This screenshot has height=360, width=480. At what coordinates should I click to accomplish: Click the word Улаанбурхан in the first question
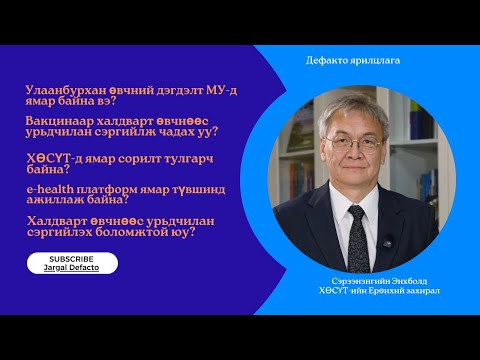tap(59, 90)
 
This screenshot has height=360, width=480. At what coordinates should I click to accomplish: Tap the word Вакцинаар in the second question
tap(56, 121)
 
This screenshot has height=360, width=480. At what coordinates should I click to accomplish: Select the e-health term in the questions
tap(51, 187)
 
